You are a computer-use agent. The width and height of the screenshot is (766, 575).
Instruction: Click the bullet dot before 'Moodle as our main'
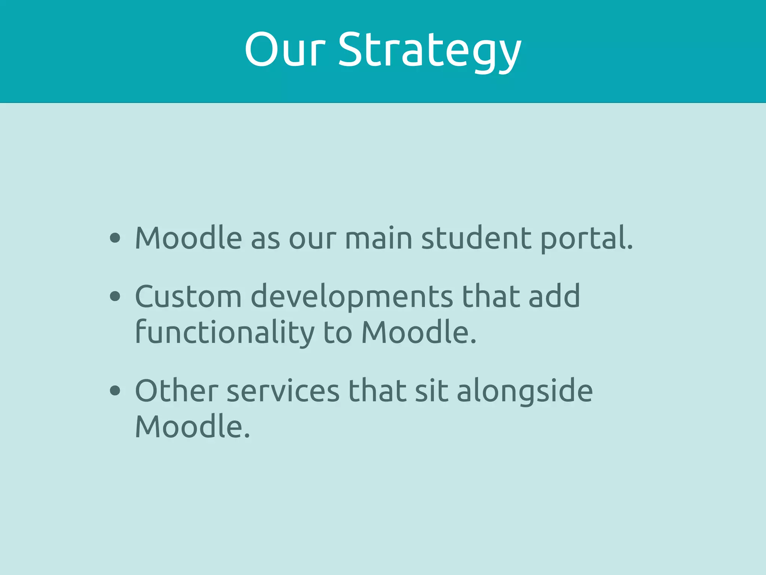[x=115, y=238]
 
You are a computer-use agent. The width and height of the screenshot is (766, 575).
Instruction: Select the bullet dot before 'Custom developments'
[x=115, y=296]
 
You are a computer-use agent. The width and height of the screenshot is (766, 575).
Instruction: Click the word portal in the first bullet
[x=586, y=239]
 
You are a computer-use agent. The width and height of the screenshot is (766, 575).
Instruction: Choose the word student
[x=476, y=238]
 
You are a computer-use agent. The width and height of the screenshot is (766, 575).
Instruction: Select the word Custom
[x=188, y=296]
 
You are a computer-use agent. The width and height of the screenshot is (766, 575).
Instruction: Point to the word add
[x=554, y=296]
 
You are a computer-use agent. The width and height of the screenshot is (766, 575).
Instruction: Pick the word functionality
[x=224, y=332]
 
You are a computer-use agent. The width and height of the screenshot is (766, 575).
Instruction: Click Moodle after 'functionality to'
[x=419, y=332]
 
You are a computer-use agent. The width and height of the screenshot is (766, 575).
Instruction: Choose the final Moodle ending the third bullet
[x=192, y=427]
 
